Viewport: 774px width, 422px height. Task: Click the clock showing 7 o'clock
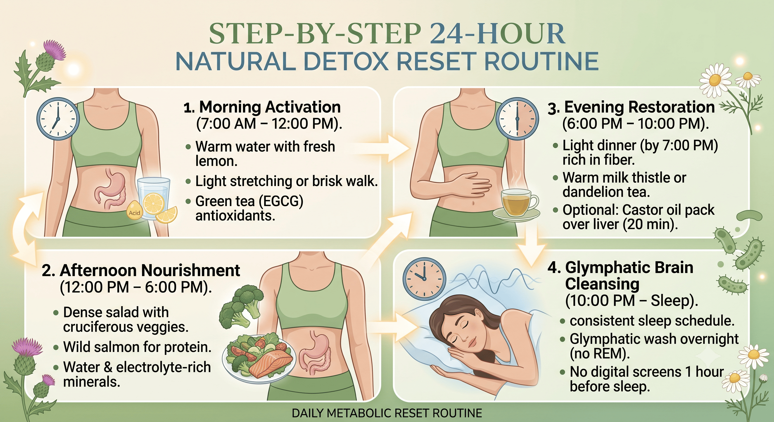(x=58, y=119)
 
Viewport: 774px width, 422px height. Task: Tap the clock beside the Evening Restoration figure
(x=517, y=119)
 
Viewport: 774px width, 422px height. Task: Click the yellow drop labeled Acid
(x=135, y=210)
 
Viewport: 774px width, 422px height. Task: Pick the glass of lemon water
(x=154, y=198)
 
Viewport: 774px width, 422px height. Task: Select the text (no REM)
(x=600, y=354)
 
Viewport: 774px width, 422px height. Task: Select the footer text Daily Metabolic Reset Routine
(x=387, y=413)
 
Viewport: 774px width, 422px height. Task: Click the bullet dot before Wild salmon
(x=56, y=348)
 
